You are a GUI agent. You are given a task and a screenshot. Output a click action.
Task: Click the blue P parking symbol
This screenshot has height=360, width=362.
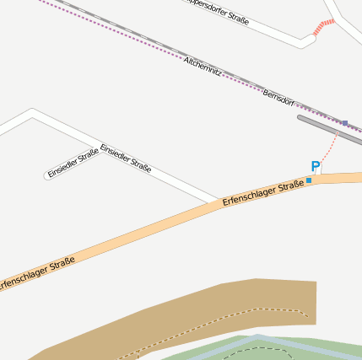click(316, 167)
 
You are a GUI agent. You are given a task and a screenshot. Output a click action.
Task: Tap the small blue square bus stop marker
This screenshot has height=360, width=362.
click(310, 180)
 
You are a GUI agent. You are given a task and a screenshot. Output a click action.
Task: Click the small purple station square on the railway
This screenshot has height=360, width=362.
click(344, 123)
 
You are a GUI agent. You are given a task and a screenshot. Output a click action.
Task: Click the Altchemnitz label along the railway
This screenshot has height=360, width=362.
click(203, 68)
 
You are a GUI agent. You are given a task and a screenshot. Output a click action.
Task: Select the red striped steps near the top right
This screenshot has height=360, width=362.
click(321, 28)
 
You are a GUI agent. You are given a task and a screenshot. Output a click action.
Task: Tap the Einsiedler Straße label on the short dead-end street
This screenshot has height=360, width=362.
click(73, 163)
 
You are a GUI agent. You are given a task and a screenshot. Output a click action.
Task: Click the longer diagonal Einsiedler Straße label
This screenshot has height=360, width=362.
click(126, 158)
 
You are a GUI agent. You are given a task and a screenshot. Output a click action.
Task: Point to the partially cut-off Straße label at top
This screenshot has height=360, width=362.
click(218, 11)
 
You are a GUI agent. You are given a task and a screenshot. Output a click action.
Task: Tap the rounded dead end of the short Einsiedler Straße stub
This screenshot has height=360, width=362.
click(47, 176)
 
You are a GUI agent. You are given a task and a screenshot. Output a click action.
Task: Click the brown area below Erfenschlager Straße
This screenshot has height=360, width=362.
click(253, 299)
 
